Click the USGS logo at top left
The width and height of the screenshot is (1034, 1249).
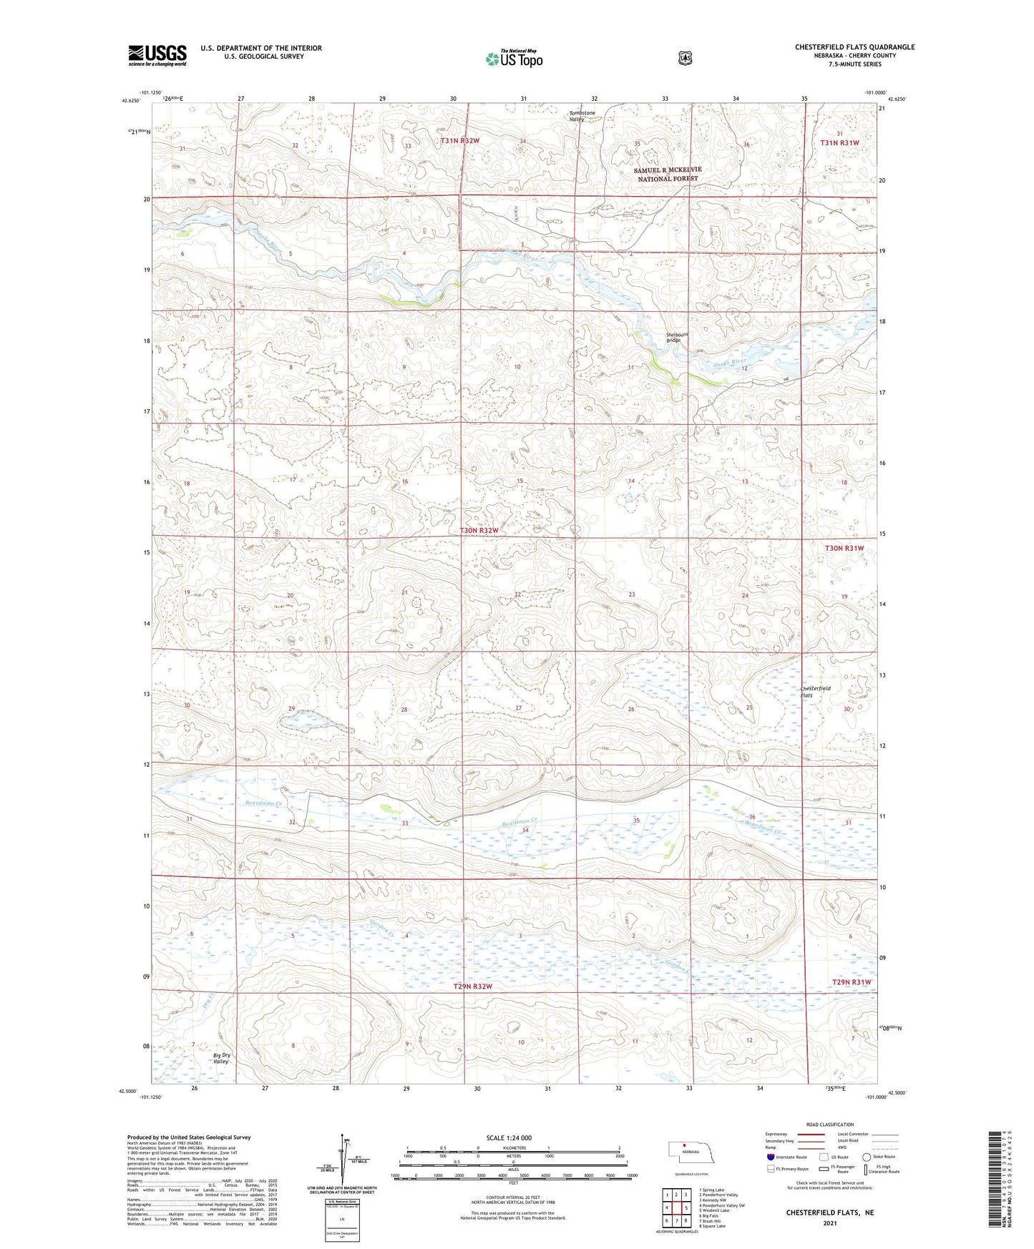coord(157,54)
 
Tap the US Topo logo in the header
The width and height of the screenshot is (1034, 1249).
coord(514,59)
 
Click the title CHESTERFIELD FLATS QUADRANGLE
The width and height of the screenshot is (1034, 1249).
coord(854,47)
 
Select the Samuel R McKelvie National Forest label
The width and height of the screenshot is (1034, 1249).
coord(668,174)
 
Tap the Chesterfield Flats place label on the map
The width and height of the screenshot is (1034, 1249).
coord(816,692)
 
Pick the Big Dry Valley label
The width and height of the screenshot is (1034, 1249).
coord(221,1058)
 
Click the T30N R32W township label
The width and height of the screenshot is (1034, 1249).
coord(477,531)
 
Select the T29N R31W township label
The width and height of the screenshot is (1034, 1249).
coord(851,982)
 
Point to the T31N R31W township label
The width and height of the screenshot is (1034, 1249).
coord(839,143)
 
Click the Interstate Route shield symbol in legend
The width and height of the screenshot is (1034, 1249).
coord(770,1157)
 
